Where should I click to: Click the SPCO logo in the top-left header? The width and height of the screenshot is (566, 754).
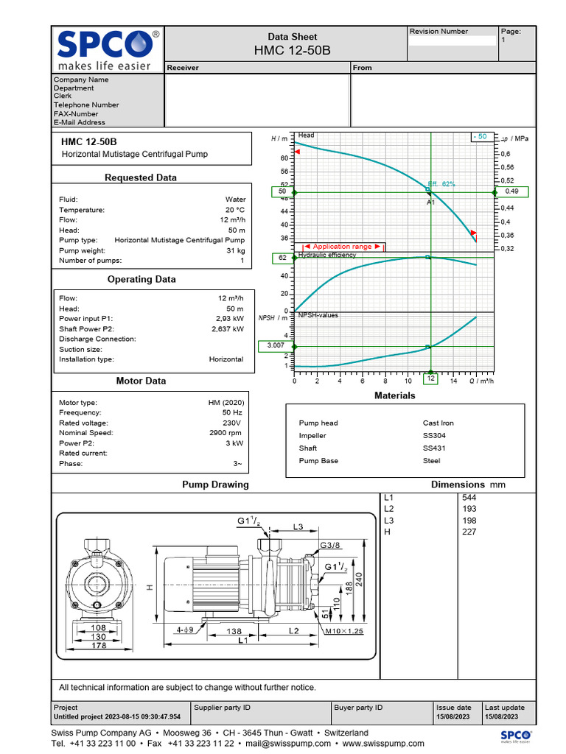(107, 49)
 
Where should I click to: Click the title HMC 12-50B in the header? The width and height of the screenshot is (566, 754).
(292, 50)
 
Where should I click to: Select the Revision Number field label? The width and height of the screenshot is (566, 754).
(439, 32)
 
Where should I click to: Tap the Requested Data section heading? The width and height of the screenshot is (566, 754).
(141, 177)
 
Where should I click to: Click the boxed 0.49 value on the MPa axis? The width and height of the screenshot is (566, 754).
(511, 191)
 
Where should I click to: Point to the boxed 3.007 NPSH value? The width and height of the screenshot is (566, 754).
(276, 345)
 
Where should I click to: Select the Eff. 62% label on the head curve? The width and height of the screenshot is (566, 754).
(441, 184)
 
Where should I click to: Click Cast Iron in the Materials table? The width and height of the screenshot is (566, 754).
(439, 423)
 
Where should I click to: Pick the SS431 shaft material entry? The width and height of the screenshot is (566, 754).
(434, 448)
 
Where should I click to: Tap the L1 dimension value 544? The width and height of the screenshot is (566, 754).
(469, 498)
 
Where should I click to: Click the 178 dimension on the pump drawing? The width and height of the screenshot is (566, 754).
(97, 646)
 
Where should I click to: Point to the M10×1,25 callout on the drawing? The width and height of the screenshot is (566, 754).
(344, 631)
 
